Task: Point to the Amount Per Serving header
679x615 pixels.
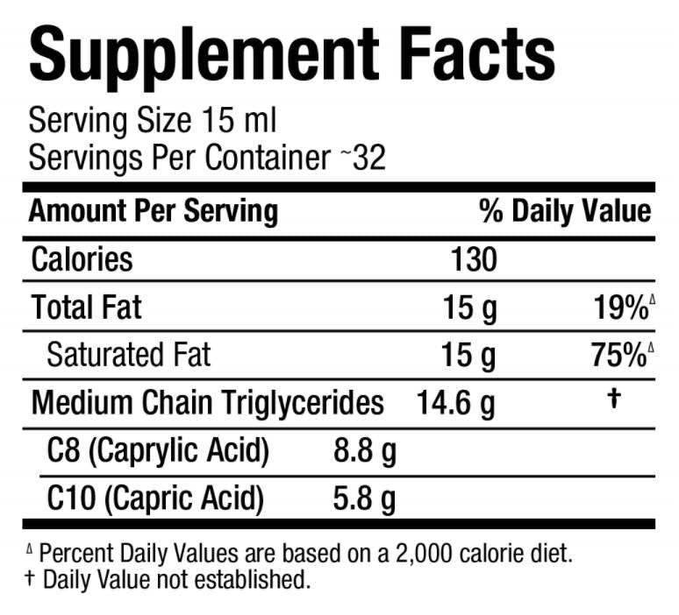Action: click(154, 211)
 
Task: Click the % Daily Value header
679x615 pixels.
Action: click(565, 211)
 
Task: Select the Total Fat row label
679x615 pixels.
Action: click(86, 307)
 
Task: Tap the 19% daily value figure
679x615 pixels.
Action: click(619, 307)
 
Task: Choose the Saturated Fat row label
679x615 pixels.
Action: click(128, 355)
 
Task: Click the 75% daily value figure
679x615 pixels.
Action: click(619, 355)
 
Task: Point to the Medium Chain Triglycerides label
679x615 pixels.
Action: click(208, 403)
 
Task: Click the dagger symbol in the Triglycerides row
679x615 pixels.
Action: click(614, 399)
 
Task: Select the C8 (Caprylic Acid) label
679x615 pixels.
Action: click(158, 451)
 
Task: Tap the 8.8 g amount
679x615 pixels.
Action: click(365, 451)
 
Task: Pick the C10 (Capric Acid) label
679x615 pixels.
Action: click(155, 499)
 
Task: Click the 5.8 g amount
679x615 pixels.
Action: click(365, 499)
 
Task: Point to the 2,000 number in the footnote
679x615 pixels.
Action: click(434, 554)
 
